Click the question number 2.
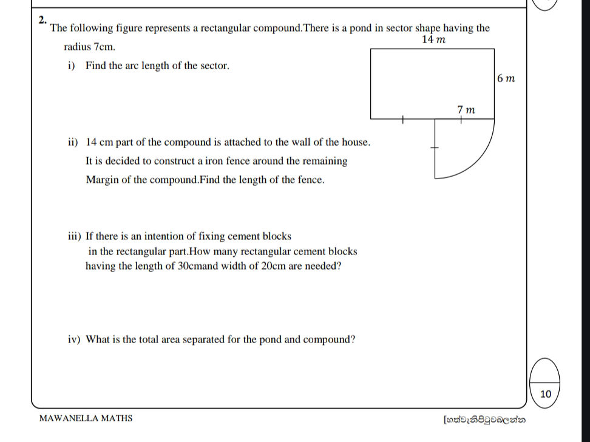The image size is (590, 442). coord(41,19)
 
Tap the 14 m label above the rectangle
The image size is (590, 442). coord(433,40)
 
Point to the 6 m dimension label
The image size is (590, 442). coord(506,78)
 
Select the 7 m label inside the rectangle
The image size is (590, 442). coord(466,110)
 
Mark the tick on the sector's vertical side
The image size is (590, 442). coord(435,148)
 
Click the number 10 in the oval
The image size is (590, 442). coord(545,394)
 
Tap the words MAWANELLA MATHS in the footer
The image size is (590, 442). coord(86,418)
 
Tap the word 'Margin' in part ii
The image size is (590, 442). coord(101,180)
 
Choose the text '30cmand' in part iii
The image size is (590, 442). coord(197,266)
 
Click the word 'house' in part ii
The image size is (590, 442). coord(354,142)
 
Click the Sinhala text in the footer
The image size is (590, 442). coord(484,419)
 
